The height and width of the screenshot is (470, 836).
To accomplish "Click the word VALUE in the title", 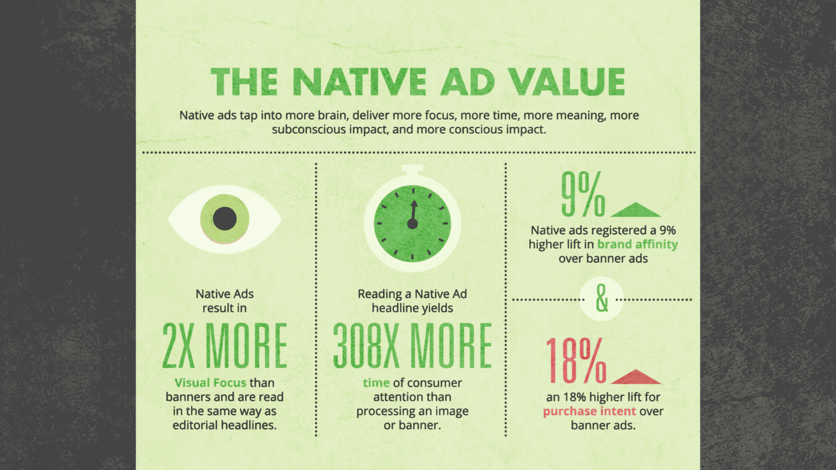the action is pos(566,82).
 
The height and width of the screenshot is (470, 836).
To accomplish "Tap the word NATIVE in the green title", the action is pos(360,82).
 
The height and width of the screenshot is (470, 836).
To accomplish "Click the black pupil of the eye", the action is pos(225,218).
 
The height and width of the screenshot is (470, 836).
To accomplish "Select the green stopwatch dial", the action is pos(412,224).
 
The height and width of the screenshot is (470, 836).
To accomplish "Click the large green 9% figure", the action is pos(583,194).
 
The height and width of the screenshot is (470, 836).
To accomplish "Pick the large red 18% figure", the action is pos(576,361).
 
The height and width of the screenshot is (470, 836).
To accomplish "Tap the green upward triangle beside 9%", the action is pos(636,210).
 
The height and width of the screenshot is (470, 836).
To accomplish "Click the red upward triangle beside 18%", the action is pos(636,377).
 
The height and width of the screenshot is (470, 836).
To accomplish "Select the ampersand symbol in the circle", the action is pos(602,299).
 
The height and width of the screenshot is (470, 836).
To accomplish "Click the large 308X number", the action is pos(366,346).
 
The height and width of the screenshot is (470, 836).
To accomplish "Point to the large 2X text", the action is pos(179,346).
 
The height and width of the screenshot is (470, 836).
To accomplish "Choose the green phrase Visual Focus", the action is pos(210,383).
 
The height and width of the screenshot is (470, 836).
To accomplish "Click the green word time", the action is pos(376,383).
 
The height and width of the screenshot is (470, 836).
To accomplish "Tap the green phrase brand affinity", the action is pos(637,245).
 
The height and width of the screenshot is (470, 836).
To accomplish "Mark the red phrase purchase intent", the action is pos(590,412).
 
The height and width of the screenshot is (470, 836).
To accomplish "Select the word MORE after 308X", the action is pos(452,346).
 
